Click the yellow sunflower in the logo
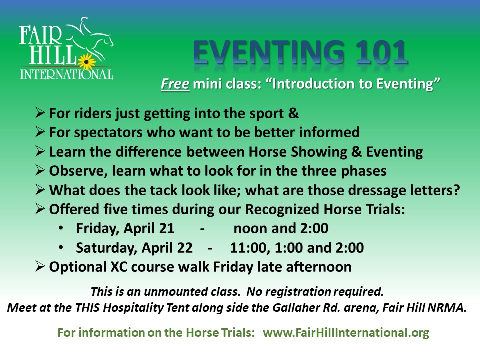(86, 62)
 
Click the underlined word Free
(175, 84)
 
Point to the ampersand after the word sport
(293, 113)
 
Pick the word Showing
(319, 152)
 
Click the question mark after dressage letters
(457, 190)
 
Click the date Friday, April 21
(125, 229)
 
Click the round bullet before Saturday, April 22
(61, 247)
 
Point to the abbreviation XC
(119, 267)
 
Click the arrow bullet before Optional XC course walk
(40, 266)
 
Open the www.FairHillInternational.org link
(346, 333)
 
